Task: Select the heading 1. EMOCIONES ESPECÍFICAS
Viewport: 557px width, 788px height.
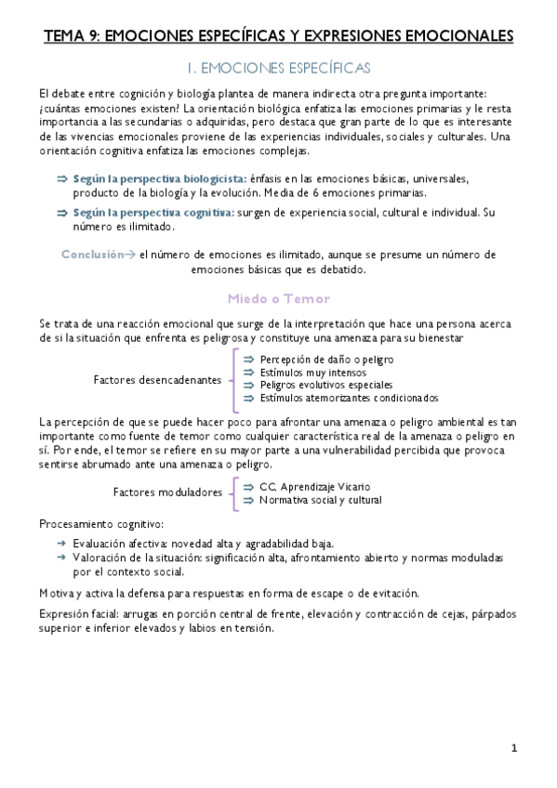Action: coord(278,68)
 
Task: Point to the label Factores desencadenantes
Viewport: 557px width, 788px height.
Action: coord(157,379)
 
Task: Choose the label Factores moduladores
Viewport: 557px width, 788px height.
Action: coord(167,492)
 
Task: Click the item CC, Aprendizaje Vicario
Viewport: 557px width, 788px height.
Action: coord(314,486)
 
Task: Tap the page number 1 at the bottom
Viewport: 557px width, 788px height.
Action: coord(513,748)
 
